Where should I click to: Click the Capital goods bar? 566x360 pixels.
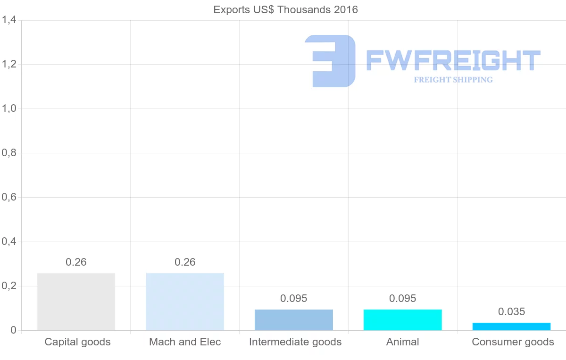click(x=76, y=301)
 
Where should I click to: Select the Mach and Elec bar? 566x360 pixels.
click(x=185, y=301)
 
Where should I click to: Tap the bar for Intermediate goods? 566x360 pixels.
click(x=294, y=320)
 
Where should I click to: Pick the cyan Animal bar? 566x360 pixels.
click(x=403, y=320)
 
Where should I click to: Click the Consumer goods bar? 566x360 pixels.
click(x=512, y=327)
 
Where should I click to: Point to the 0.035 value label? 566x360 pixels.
click(x=512, y=312)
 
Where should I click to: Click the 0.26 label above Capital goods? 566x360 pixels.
click(x=76, y=262)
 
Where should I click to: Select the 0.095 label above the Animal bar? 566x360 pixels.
click(x=403, y=299)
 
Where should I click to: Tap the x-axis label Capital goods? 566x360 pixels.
click(x=77, y=342)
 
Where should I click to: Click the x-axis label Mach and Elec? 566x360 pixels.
click(x=185, y=342)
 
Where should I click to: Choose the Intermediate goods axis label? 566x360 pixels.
click(x=295, y=342)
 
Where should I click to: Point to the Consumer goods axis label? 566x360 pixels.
click(x=513, y=342)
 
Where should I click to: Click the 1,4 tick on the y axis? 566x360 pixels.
click(x=9, y=20)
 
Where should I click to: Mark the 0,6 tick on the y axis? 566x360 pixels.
click(x=9, y=197)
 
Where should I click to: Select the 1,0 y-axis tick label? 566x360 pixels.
click(x=9, y=109)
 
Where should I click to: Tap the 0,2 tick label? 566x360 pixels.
click(x=9, y=286)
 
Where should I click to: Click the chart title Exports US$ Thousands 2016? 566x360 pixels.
click(x=286, y=9)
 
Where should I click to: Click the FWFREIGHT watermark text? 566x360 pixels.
click(x=453, y=61)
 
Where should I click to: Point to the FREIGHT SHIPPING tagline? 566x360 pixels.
click(x=453, y=80)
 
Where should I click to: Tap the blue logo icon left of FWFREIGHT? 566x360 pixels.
click(x=330, y=61)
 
